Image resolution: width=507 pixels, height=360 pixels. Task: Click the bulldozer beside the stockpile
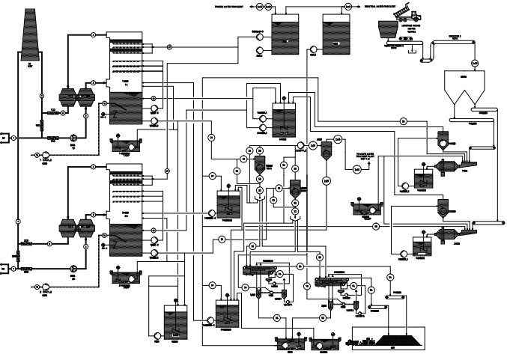coord(366,342)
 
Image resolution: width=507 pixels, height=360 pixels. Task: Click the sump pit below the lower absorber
coord(124,278)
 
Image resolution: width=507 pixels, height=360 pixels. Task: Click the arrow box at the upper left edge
coord(3,138)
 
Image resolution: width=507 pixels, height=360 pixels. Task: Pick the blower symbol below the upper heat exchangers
coord(73,138)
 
